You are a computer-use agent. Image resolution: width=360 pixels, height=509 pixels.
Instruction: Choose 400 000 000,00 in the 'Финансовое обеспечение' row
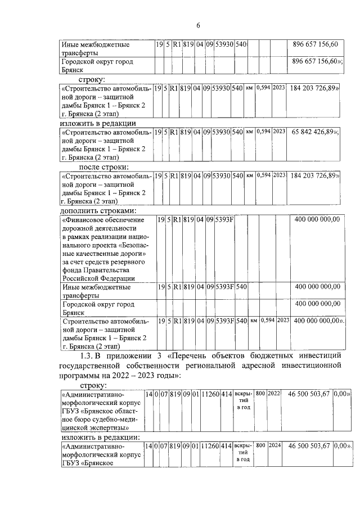click(317, 219)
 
